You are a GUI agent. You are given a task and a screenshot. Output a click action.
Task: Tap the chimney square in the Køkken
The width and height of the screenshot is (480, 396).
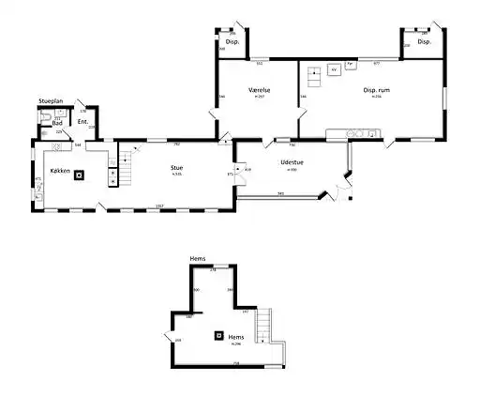pyautogui.click(x=79, y=174)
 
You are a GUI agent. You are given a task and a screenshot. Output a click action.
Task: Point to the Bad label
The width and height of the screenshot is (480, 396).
pyautogui.click(x=57, y=122)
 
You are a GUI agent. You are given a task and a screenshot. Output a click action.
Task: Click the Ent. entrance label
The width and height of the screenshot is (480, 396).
pyautogui.click(x=82, y=122)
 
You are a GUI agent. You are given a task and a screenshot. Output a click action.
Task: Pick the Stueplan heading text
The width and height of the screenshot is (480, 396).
pyautogui.click(x=51, y=99)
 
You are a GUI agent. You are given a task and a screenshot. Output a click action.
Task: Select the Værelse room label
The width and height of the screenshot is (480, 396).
pyautogui.click(x=260, y=89)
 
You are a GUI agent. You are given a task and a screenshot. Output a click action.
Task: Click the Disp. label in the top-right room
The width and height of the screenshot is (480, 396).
pyautogui.click(x=424, y=42)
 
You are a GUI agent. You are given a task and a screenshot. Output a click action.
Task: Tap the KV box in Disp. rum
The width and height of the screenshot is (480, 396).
pyautogui.click(x=332, y=69)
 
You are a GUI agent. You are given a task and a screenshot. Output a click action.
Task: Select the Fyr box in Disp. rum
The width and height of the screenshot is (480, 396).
pyautogui.click(x=350, y=65)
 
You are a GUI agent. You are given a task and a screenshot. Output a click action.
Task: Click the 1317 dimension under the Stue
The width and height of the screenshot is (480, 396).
pyautogui.click(x=160, y=206)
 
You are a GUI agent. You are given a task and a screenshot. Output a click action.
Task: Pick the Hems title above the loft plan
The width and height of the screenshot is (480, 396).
pyautogui.click(x=198, y=257)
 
